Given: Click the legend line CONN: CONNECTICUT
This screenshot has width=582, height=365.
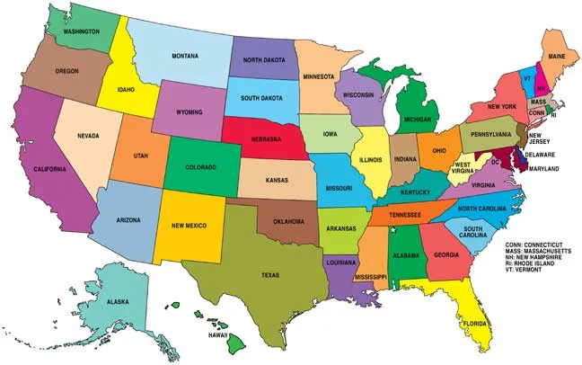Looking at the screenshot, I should pos(539,242).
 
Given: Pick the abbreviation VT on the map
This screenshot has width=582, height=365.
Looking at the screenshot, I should pos(528,78).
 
